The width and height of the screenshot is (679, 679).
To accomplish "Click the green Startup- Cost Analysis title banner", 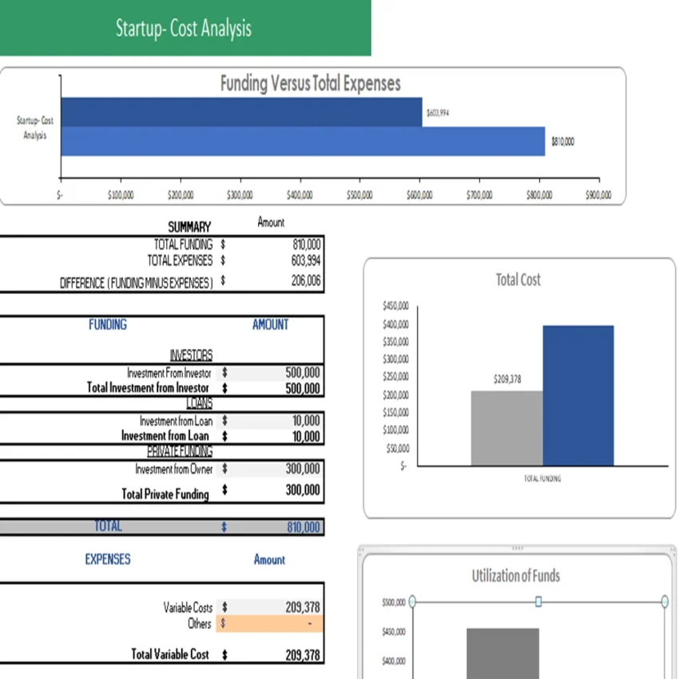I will (x=185, y=28).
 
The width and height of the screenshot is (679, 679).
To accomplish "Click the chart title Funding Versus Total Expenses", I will (x=310, y=84).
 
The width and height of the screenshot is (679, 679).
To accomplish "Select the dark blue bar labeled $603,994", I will (x=240, y=112).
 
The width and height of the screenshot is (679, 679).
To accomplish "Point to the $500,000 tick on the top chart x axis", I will (x=359, y=194).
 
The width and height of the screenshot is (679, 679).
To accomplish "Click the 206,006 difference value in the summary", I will (x=306, y=280).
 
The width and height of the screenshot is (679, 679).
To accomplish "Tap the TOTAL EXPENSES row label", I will (x=180, y=260).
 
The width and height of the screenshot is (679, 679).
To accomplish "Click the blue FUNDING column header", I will (x=107, y=324).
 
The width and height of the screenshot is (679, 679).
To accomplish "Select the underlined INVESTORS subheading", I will (x=191, y=355).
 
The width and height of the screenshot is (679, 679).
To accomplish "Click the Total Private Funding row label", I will (x=165, y=494).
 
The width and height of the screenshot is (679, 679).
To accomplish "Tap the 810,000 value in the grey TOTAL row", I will (x=303, y=527).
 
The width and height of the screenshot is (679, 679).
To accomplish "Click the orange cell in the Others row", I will (x=272, y=623).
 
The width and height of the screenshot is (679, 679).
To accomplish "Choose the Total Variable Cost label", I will (x=170, y=654).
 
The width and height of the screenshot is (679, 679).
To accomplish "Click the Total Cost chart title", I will (x=518, y=280).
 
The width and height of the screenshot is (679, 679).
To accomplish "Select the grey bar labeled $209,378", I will (x=506, y=427).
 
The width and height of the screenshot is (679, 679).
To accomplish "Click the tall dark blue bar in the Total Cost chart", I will (x=578, y=395).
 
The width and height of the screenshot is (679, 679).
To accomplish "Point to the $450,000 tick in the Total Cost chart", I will (x=396, y=306).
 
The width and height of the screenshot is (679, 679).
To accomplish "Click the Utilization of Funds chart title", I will (x=515, y=576).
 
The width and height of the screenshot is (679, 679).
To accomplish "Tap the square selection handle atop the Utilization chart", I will (x=538, y=601).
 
